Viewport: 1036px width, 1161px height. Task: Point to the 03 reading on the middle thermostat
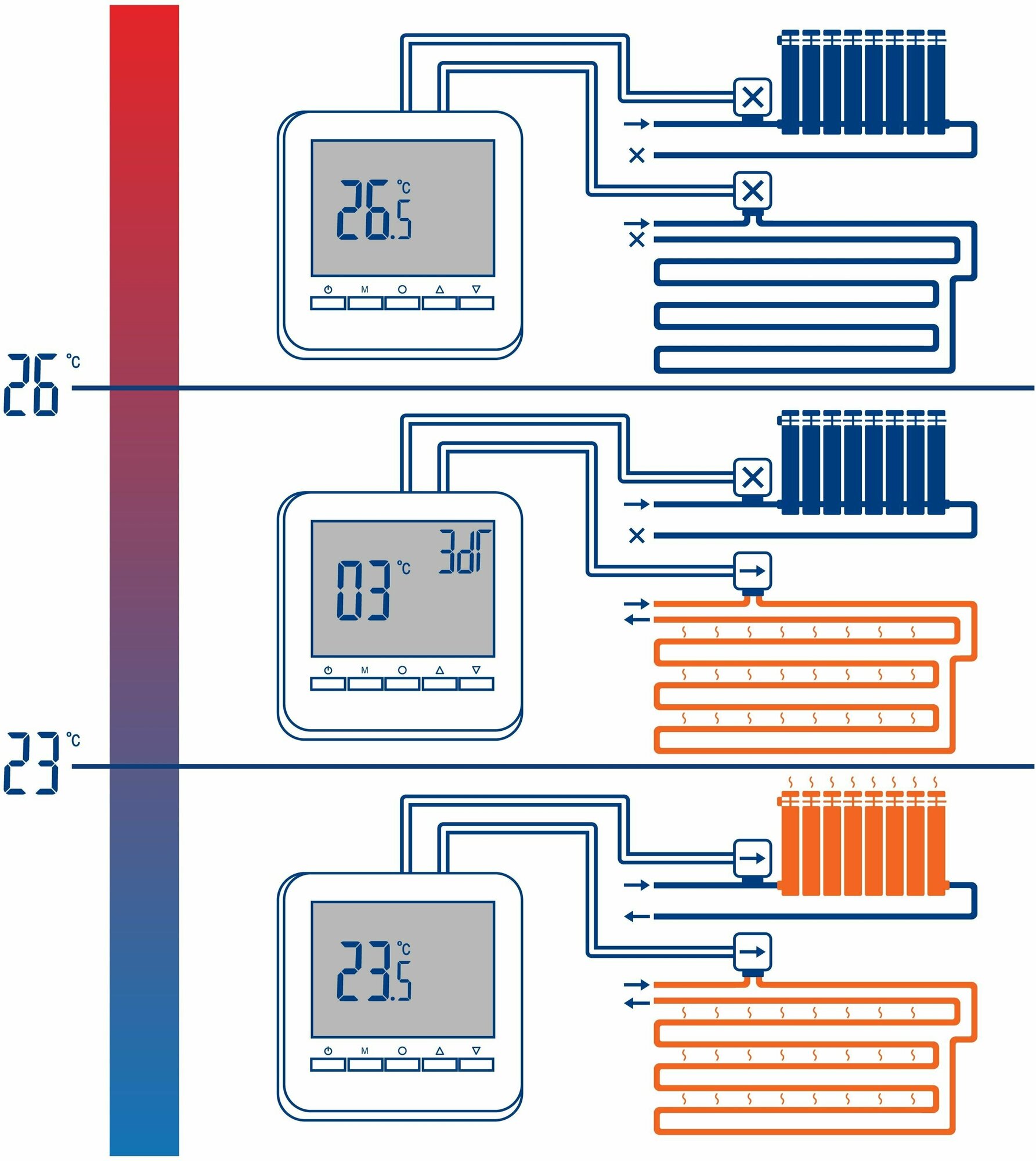click(364, 590)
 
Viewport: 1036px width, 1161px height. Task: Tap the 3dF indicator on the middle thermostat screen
click(464, 551)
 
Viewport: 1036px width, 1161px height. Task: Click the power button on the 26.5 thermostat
click(328, 302)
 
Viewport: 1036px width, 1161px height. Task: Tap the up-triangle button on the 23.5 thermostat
click(439, 1064)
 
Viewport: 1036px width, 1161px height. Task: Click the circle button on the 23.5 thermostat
click(402, 1064)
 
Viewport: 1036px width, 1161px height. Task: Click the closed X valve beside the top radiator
click(753, 97)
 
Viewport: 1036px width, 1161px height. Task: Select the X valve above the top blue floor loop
click(753, 190)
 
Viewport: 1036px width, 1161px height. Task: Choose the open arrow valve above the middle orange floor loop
click(753, 571)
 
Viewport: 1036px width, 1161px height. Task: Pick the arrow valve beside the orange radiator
click(753, 858)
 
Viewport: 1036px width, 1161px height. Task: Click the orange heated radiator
click(863, 845)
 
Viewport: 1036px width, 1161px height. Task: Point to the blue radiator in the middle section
click(863, 463)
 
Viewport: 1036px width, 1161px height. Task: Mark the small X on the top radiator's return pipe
click(637, 155)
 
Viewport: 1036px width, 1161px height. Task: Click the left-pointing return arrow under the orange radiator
click(637, 917)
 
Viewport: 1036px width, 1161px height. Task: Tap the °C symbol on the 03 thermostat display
click(404, 568)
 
